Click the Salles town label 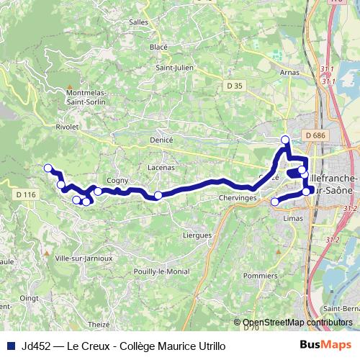tap(138, 22)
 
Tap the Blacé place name tap(158, 47)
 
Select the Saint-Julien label tap(176, 68)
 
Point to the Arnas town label tap(289, 73)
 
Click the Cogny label tap(117, 181)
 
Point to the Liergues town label tap(197, 235)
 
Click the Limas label tap(293, 217)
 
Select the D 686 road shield tap(315, 135)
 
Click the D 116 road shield tap(25, 194)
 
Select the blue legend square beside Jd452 tap(11, 346)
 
